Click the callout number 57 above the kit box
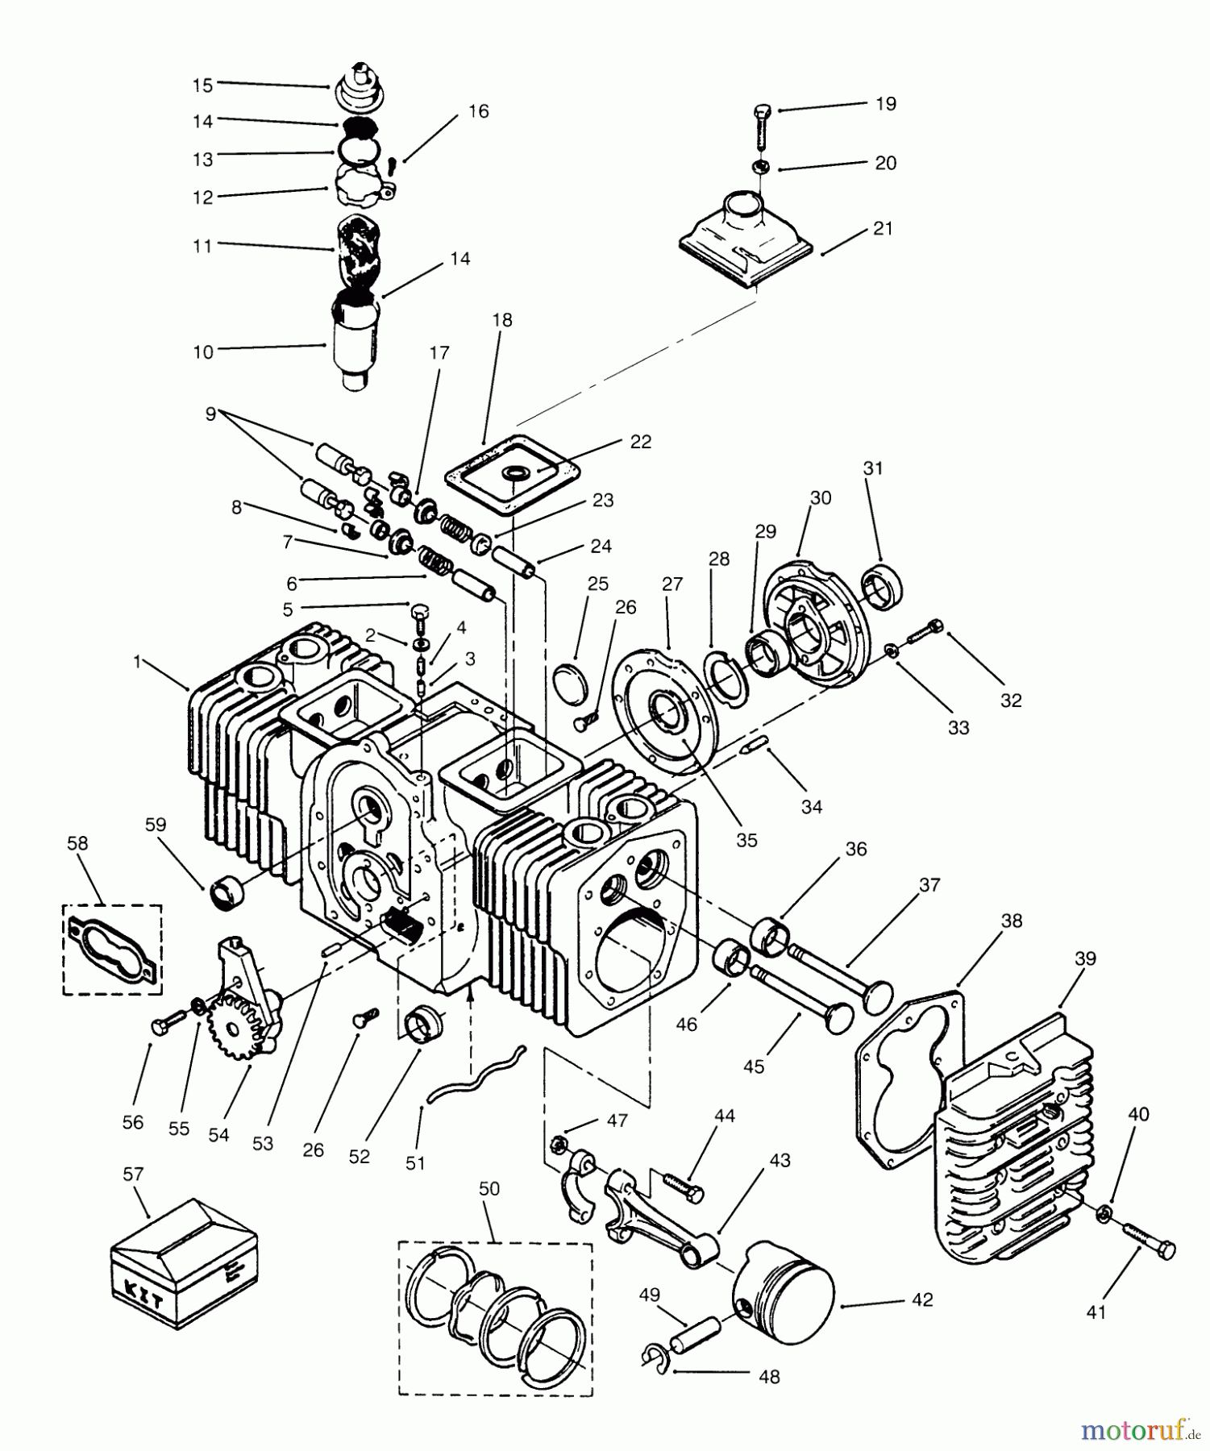click(133, 1174)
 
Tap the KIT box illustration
click(183, 1263)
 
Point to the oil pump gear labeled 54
click(235, 1026)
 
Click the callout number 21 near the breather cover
click(883, 228)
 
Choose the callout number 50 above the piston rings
click(489, 1189)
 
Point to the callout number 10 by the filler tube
click(203, 352)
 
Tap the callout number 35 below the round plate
click(746, 839)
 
